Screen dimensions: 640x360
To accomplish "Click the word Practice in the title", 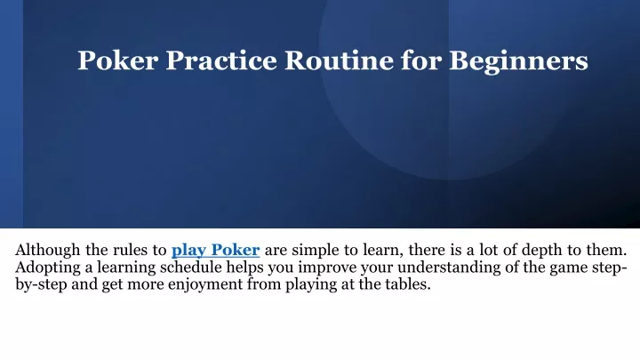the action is tap(221, 60).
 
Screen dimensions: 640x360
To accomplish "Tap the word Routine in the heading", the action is tap(340, 60).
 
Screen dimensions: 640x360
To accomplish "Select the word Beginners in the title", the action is tap(518, 61).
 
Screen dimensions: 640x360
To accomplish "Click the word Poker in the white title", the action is tap(118, 60).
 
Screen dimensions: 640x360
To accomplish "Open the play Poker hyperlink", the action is tap(215, 250).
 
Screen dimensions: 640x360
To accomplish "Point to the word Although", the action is tap(48, 250).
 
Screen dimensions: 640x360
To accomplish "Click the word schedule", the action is tap(190, 268).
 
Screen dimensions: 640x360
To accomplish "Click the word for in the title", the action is tap(421, 60).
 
